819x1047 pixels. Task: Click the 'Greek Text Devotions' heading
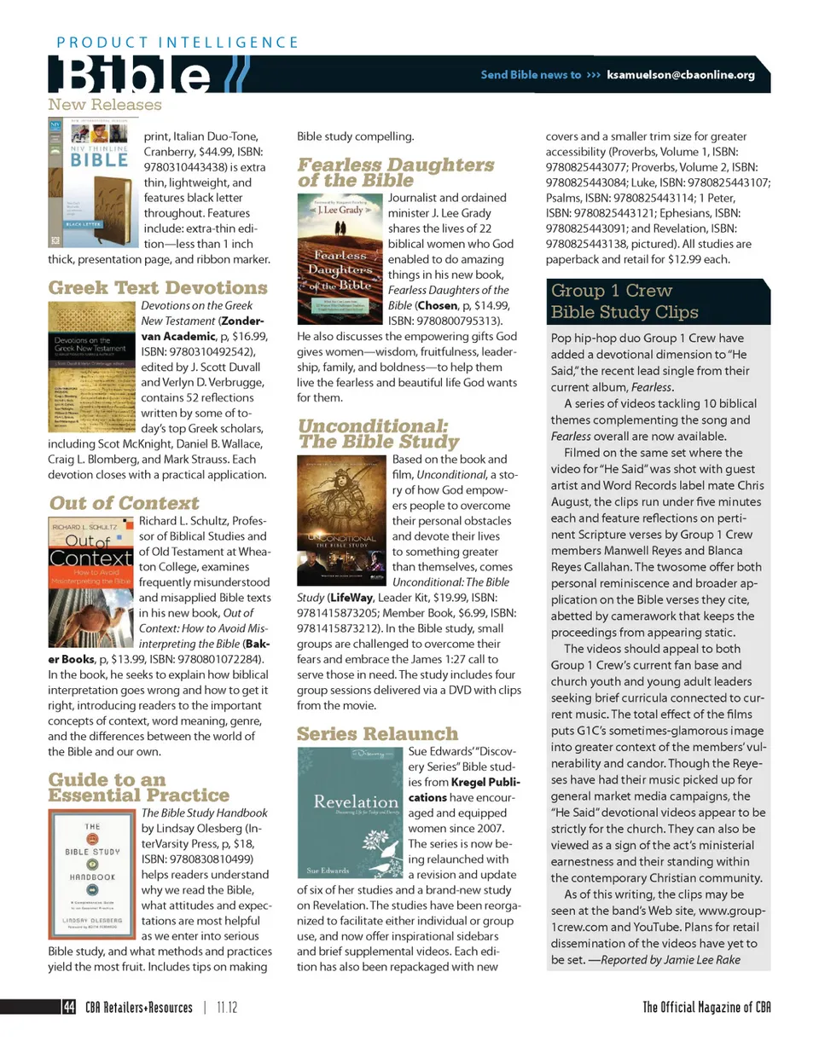coord(158,287)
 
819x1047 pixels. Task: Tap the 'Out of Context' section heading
coord(124,503)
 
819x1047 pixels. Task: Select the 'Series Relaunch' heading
coord(377,733)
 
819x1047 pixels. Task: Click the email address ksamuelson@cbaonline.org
coord(681,75)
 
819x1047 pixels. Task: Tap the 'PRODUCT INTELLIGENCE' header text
coord(177,42)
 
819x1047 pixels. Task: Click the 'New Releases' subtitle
coord(104,105)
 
